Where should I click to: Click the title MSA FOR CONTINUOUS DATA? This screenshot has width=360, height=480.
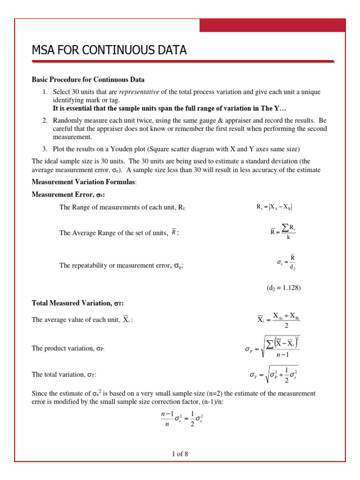click(x=109, y=50)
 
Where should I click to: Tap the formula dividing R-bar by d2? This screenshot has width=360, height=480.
click(x=286, y=262)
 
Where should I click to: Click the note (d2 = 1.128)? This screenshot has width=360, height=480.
click(x=280, y=288)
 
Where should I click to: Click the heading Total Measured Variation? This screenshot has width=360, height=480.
click(x=77, y=303)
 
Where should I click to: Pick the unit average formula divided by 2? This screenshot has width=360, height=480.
click(x=278, y=321)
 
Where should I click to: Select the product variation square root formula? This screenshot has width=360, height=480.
click(x=273, y=349)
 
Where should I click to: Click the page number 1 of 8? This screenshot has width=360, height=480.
click(x=180, y=454)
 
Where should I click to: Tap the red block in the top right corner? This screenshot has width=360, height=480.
click(x=272, y=26)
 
